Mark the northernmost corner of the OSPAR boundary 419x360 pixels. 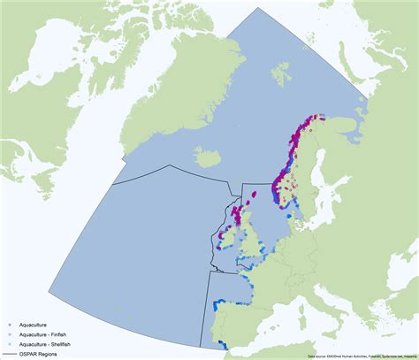click(x=257, y=9)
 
